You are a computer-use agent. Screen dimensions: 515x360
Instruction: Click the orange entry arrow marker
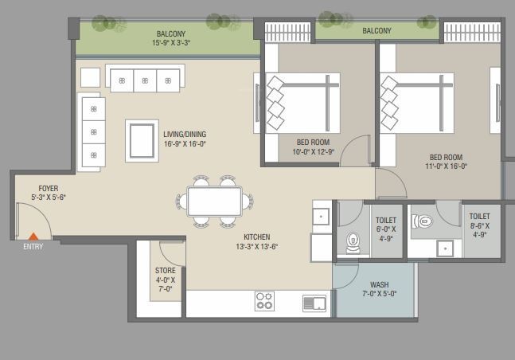(33, 237)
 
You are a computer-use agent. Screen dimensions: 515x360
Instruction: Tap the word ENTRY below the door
(33, 247)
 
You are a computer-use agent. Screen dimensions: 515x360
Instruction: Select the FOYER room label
(49, 189)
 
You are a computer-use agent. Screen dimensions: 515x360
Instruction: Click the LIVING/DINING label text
(185, 134)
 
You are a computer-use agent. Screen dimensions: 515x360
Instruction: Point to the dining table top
(214, 202)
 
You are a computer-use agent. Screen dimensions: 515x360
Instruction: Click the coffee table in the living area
(142, 141)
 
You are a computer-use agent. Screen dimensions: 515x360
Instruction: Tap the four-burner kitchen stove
(264, 301)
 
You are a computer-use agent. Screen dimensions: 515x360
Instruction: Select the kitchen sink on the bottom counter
(314, 303)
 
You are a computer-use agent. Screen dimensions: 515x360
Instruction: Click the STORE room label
(166, 271)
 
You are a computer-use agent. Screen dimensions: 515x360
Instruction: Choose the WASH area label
(380, 284)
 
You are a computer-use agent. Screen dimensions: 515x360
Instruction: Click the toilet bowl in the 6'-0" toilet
(353, 243)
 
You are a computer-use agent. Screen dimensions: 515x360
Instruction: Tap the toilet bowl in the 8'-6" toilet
(423, 221)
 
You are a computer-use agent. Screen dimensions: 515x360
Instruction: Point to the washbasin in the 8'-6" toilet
(445, 248)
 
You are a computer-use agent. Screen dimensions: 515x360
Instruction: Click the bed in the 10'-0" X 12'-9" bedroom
(302, 104)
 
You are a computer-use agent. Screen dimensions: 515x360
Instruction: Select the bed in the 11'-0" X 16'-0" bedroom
(417, 104)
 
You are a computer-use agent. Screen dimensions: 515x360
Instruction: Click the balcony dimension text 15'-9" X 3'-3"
(171, 43)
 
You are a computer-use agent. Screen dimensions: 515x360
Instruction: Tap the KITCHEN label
(257, 237)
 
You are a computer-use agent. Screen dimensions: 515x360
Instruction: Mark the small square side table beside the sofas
(90, 77)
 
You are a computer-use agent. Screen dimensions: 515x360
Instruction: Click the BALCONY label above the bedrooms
(376, 31)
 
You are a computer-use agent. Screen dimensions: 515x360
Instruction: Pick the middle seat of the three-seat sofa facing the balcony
(145, 80)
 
